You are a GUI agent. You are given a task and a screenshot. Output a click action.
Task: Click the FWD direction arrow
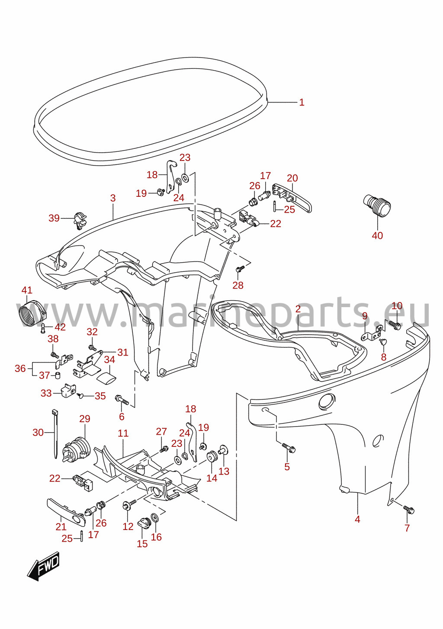pos(43,566)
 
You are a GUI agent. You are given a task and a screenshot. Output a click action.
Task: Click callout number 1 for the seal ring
pos(302,102)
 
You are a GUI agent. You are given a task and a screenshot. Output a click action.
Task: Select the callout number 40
pos(377,235)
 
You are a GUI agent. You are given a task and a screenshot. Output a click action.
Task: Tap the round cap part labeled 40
pos(377,206)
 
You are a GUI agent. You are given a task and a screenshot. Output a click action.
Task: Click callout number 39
pos(54,218)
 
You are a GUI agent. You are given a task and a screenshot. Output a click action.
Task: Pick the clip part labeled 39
pos(80,221)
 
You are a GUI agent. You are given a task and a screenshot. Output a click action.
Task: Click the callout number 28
pos(238,285)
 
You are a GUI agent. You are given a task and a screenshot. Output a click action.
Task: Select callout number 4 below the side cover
pos(357,519)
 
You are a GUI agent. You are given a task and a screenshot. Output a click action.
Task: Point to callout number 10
pos(397,306)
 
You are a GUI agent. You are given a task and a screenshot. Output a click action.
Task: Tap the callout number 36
pos(20,369)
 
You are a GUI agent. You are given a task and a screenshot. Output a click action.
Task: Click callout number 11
pos(123,433)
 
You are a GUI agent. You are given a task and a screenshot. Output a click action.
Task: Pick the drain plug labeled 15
pos(144,523)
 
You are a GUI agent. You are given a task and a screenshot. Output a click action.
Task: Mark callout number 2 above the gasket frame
pos(298,309)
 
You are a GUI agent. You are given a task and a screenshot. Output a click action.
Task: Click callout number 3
pos(113,198)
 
